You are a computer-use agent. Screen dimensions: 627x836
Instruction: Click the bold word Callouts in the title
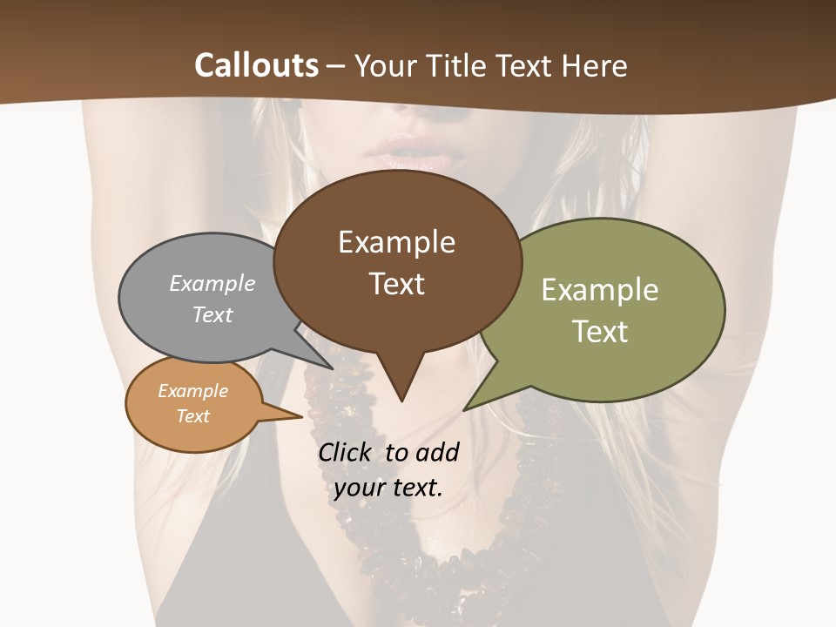click(256, 65)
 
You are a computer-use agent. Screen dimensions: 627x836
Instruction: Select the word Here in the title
click(595, 65)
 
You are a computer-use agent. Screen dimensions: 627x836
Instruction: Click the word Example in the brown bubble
click(396, 242)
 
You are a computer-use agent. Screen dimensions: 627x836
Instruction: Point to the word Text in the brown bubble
click(396, 284)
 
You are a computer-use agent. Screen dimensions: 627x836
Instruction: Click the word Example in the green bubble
click(600, 289)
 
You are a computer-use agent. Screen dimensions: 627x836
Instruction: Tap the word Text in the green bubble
click(600, 331)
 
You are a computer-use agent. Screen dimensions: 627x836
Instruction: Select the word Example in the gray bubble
click(212, 283)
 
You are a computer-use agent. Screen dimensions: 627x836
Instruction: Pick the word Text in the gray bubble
click(212, 314)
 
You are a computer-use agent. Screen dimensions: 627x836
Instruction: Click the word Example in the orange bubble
click(192, 391)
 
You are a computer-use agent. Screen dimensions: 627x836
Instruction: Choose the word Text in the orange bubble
click(192, 416)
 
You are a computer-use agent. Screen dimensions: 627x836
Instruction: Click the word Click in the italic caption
click(346, 452)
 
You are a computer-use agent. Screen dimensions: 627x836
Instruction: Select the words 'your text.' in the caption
click(388, 488)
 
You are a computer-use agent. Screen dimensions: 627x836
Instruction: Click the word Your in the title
click(384, 65)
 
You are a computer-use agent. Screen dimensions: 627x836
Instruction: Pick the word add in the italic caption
click(437, 452)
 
